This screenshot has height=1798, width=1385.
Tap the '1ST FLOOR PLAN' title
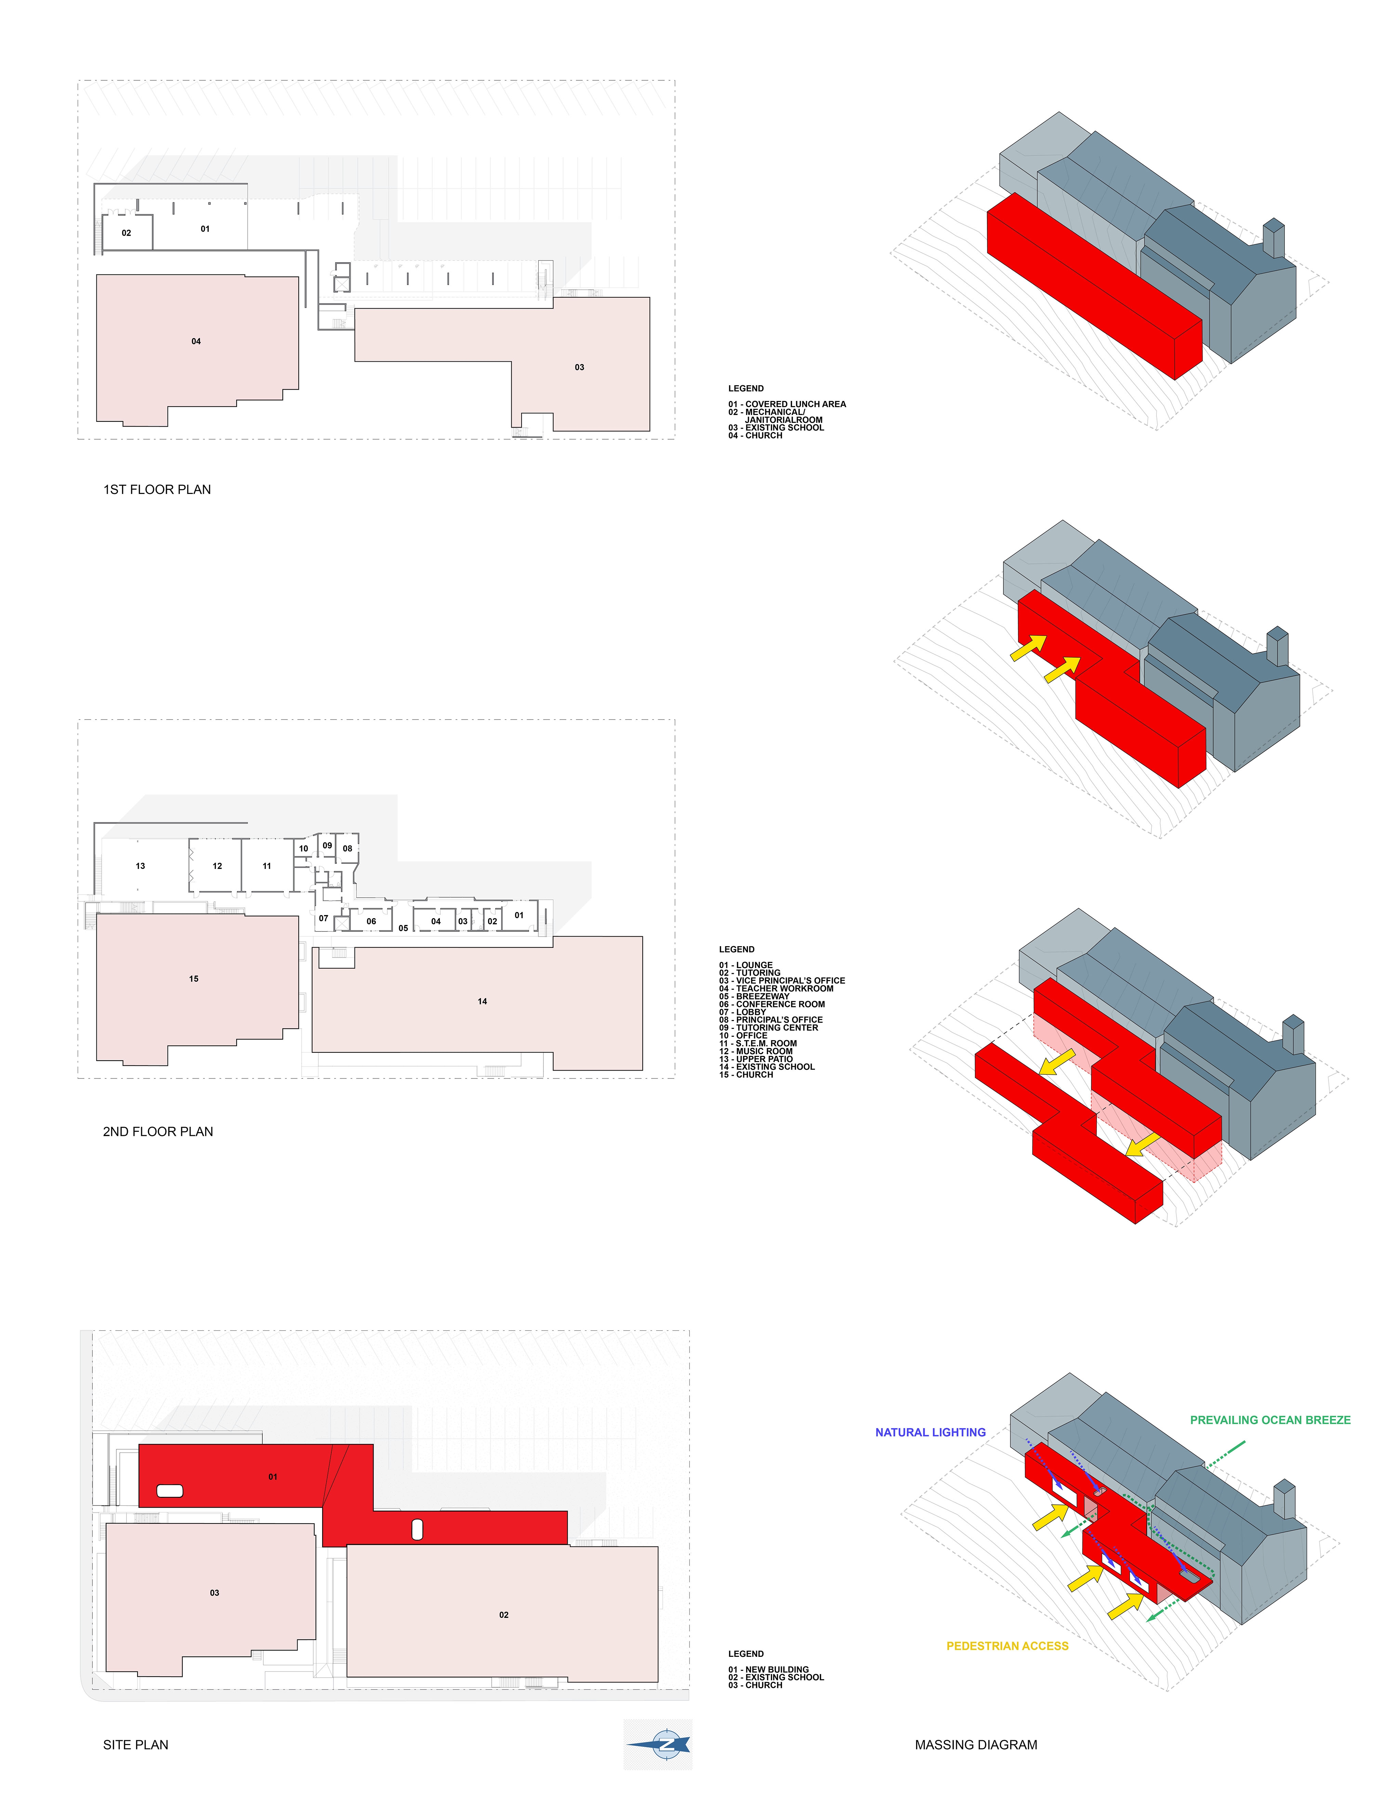pos(157,490)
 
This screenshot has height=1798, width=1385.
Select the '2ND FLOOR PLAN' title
pos(158,1132)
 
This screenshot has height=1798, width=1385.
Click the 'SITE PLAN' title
pos(136,1744)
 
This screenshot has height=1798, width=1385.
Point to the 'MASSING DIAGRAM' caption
pos(976,1744)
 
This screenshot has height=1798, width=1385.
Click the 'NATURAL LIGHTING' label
pos(931,1433)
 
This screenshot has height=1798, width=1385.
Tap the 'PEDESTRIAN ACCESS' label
pos(1007,1646)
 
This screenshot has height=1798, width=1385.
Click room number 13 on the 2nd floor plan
pos(140,866)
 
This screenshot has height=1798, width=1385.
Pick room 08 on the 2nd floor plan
pos(347,849)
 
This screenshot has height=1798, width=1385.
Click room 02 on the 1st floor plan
pos(126,233)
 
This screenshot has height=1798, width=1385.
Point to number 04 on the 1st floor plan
pos(196,341)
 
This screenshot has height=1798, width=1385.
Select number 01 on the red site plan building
pos(273,1477)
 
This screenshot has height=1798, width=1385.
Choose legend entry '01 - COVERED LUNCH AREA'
pos(787,404)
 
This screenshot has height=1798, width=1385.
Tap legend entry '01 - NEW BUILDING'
pos(768,1669)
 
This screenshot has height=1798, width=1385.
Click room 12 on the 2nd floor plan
pos(217,866)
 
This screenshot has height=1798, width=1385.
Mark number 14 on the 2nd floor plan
pos(483,1001)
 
